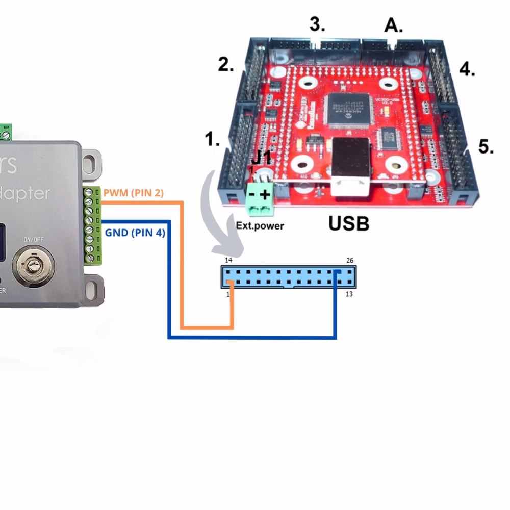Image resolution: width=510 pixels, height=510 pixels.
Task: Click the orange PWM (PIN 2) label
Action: point(133,193)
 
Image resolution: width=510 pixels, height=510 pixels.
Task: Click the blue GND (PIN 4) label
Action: point(135,233)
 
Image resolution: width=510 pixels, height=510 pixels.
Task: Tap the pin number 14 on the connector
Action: point(228,261)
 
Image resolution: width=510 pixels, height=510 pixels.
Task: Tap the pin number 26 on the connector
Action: point(349,261)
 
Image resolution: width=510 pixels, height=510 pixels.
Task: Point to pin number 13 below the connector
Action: point(349,294)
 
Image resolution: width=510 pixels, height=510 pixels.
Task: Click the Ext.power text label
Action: point(260,225)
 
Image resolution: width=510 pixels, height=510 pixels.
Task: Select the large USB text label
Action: point(348,223)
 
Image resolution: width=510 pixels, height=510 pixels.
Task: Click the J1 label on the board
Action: point(261,158)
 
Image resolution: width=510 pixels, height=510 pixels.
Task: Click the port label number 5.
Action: point(486,147)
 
